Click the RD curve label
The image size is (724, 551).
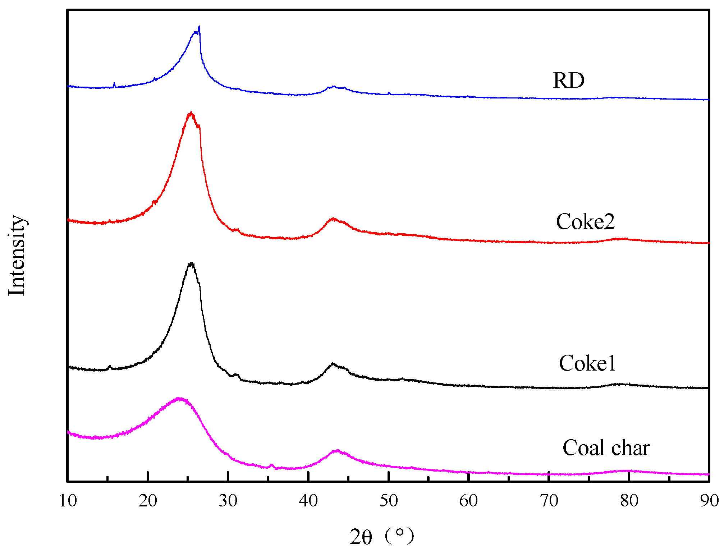point(568,80)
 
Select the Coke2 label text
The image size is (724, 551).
point(585,221)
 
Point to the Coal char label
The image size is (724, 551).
point(606,448)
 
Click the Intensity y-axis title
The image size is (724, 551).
point(17,255)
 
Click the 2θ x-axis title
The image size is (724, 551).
point(382,537)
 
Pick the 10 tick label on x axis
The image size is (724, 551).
point(68,501)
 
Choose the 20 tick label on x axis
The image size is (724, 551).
point(148,501)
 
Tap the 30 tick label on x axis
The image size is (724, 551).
point(228,501)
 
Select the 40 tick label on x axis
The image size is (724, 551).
point(308,501)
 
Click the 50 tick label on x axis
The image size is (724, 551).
point(389,501)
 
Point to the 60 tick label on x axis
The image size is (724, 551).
point(468,501)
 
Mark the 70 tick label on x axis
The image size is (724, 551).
point(549,501)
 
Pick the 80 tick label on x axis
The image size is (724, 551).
point(629,501)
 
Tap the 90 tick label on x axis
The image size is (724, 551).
point(709,501)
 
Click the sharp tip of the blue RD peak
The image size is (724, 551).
point(199,27)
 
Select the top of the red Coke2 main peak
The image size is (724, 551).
point(191,113)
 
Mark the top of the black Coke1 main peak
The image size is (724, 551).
point(191,263)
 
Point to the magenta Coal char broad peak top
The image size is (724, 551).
point(179,398)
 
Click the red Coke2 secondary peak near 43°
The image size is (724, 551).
point(333,219)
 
